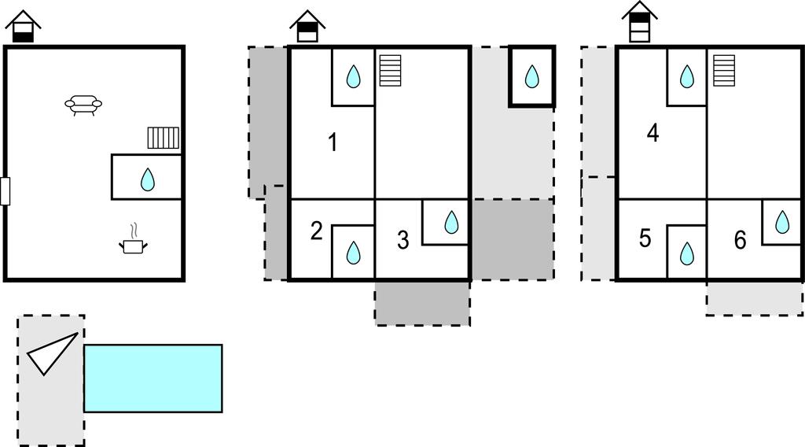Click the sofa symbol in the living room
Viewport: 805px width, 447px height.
click(x=83, y=105)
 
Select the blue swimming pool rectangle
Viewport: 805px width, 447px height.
click(x=153, y=378)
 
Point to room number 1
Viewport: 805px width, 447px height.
click(x=333, y=142)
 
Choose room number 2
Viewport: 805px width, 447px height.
click(x=316, y=231)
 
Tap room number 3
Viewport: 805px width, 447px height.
click(x=402, y=241)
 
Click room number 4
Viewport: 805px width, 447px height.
click(x=652, y=133)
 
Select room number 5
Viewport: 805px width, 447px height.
click(x=645, y=238)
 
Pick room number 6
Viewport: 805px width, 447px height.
click(x=740, y=241)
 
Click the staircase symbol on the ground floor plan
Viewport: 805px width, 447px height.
click(x=164, y=138)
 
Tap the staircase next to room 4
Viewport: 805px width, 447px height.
click(x=724, y=70)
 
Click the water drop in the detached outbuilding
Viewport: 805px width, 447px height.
click(x=532, y=76)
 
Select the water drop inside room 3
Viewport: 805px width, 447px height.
click(x=451, y=223)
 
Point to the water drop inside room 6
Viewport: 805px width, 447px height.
click(x=782, y=223)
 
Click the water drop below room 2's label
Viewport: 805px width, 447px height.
click(x=354, y=253)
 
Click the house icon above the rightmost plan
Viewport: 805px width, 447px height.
click(x=639, y=22)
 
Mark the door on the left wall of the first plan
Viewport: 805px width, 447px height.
click(x=6, y=191)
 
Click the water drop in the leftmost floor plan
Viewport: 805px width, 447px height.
click(x=147, y=180)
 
